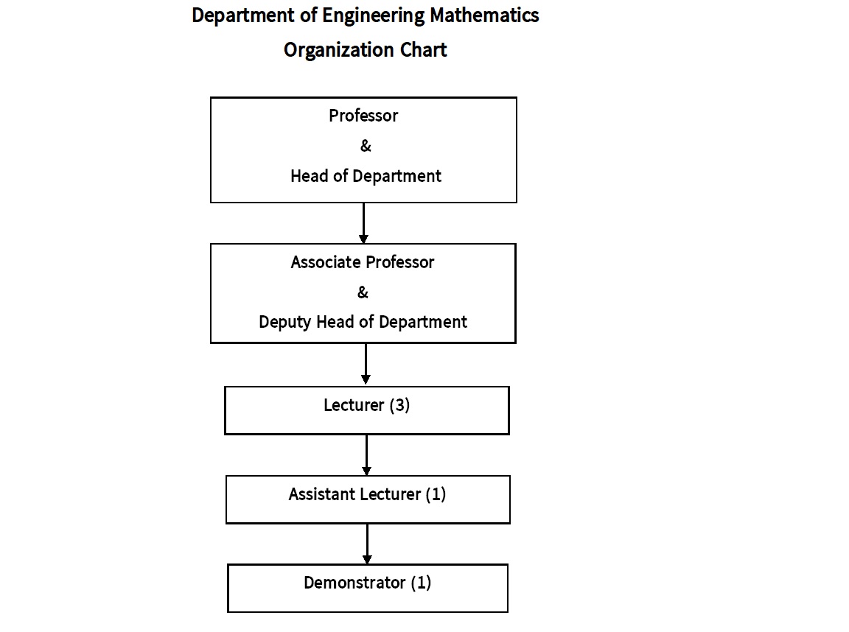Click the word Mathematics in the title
[484, 15]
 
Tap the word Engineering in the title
[374, 16]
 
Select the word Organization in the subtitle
[339, 50]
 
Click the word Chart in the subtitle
[424, 50]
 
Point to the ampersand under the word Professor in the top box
[366, 146]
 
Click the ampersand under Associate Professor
[363, 292]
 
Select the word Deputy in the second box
[285, 323]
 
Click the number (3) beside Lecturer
[399, 404]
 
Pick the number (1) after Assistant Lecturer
[436, 494]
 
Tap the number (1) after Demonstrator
[422, 583]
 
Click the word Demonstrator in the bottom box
[354, 583]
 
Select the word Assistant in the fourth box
[322, 494]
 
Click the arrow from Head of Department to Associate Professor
[363, 223]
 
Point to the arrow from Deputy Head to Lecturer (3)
[366, 364]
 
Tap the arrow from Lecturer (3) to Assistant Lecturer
[366, 454]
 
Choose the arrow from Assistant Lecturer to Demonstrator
[367, 544]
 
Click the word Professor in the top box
[363, 115]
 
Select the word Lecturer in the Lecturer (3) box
[354, 404]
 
